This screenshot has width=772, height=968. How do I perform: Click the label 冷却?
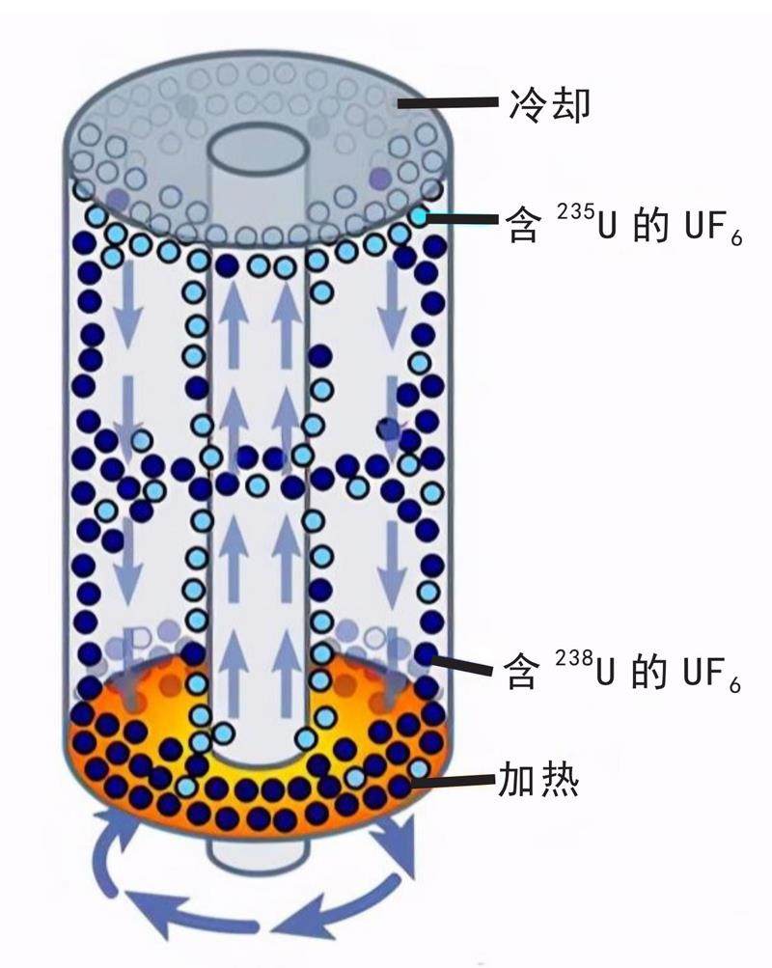547,103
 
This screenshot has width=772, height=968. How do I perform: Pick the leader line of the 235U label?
464,219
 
